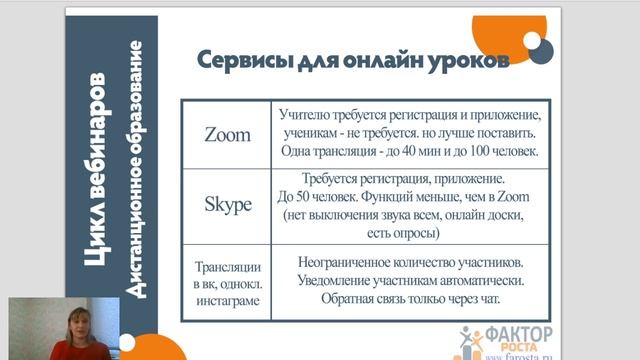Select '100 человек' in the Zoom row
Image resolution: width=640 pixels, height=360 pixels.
pyautogui.click(x=500, y=152)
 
